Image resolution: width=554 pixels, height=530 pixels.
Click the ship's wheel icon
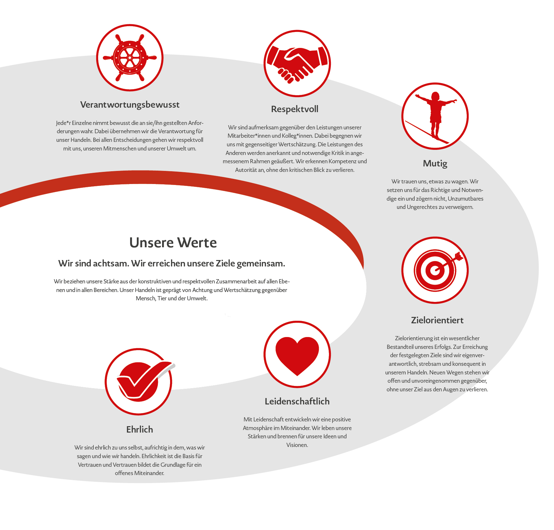[130, 58]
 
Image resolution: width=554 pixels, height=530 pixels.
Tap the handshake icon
[297, 64]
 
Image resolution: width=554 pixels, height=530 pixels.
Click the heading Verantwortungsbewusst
[130, 105]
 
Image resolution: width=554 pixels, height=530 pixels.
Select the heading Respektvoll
[294, 109]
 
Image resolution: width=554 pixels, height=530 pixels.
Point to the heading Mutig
[435, 164]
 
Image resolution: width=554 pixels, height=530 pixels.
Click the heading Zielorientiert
[437, 320]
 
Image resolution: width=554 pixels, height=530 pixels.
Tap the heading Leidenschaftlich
[297, 402]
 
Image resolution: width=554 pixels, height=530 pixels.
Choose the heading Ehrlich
[139, 430]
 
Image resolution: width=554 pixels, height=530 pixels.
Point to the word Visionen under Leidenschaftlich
[297, 445]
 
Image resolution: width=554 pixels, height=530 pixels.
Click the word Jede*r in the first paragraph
[63, 123]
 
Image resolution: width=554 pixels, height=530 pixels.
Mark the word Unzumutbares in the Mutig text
[465, 199]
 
